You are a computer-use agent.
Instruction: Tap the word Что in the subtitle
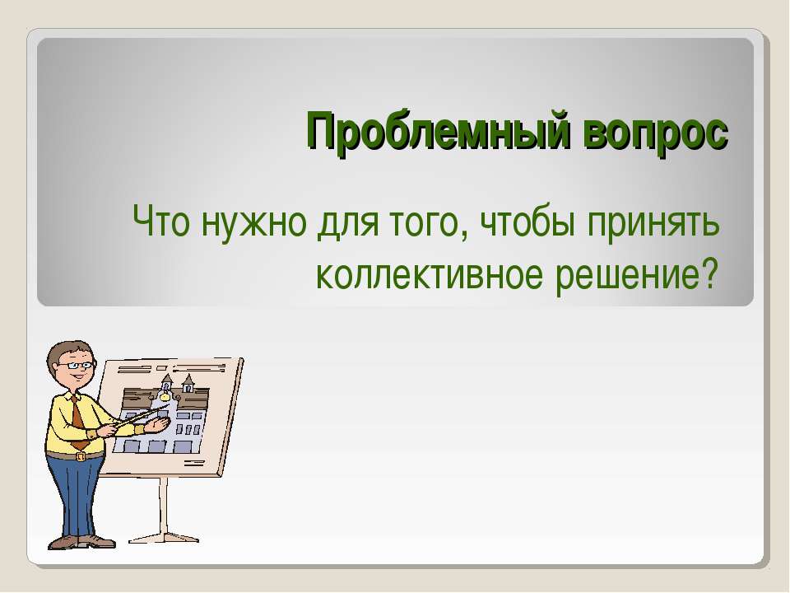point(161,222)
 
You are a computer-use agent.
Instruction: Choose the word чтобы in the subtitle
point(527,222)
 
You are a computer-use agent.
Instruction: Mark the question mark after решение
point(708,273)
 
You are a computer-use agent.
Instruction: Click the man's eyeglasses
point(77,365)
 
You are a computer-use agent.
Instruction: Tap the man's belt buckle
point(80,456)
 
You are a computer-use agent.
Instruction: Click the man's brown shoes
point(81,542)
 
